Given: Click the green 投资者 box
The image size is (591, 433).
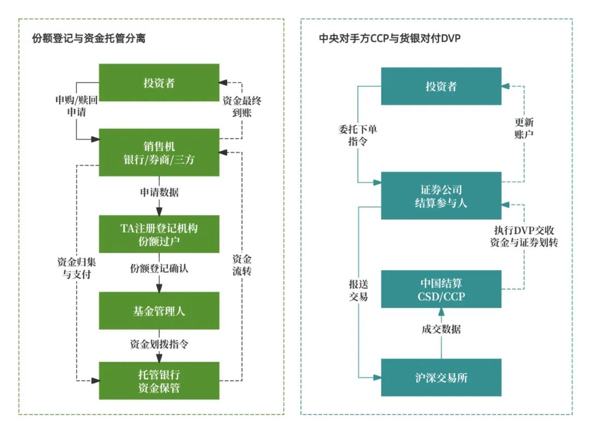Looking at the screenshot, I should point(159,83).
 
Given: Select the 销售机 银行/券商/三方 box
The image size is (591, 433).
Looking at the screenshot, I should point(159,152).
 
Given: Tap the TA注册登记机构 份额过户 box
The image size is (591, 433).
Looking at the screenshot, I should point(159,234).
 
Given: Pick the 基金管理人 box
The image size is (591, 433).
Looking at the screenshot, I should point(159,311).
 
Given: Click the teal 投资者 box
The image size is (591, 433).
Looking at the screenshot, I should point(441,86).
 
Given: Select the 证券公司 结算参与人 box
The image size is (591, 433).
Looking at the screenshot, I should point(441,196).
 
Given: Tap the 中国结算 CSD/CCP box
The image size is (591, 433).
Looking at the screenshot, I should point(441,289).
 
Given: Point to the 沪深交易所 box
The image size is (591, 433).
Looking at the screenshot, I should point(441,378).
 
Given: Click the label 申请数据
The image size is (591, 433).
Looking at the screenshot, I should point(159,193).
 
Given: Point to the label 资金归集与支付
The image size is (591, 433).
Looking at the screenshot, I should point(74,267).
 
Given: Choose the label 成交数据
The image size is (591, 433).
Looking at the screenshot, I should point(441,329).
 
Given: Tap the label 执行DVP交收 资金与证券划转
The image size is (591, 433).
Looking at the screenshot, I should point(524,236).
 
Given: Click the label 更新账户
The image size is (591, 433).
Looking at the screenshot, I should point(524,128).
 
